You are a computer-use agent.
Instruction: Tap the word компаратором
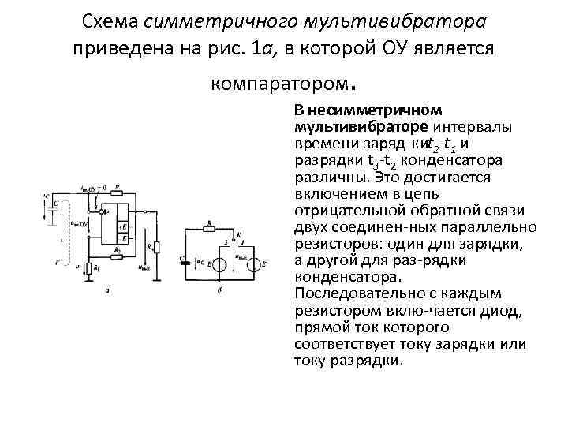[x=279, y=80]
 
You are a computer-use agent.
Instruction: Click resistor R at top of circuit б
[x=207, y=228]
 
